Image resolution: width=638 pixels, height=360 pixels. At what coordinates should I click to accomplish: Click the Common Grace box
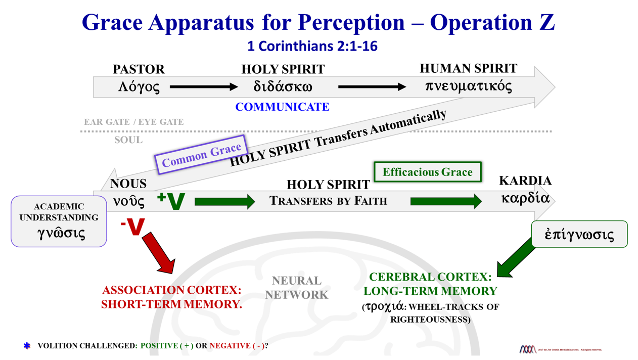tap(201, 155)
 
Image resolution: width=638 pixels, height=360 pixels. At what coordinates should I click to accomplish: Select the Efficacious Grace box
tap(427, 172)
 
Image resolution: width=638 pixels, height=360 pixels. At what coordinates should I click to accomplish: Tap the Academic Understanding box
tap(59, 221)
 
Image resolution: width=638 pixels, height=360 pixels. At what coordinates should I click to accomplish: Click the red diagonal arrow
tap(159, 253)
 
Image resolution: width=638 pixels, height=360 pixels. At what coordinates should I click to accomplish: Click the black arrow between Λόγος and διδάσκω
tap(203, 87)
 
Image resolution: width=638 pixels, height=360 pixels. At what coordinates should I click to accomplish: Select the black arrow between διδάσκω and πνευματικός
tap(372, 87)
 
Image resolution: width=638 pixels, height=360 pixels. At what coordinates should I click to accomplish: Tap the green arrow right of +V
tap(224, 202)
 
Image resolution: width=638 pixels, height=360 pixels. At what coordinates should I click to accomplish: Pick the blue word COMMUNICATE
tap(282, 107)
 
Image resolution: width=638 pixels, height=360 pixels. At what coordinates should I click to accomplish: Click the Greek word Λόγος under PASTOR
tap(139, 87)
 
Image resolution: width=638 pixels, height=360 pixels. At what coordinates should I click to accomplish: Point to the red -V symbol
tap(132, 227)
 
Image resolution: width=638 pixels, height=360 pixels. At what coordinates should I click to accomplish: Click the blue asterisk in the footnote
tap(27, 346)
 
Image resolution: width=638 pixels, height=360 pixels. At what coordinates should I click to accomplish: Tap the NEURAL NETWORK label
tap(297, 287)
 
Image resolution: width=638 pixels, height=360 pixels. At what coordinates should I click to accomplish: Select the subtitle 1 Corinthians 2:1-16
tap(312, 47)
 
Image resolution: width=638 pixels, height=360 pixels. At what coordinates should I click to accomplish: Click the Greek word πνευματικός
tap(468, 86)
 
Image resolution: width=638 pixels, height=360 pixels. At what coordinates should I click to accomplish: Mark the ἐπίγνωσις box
tap(579, 234)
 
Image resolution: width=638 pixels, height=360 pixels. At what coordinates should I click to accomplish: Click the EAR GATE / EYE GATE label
tap(133, 122)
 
